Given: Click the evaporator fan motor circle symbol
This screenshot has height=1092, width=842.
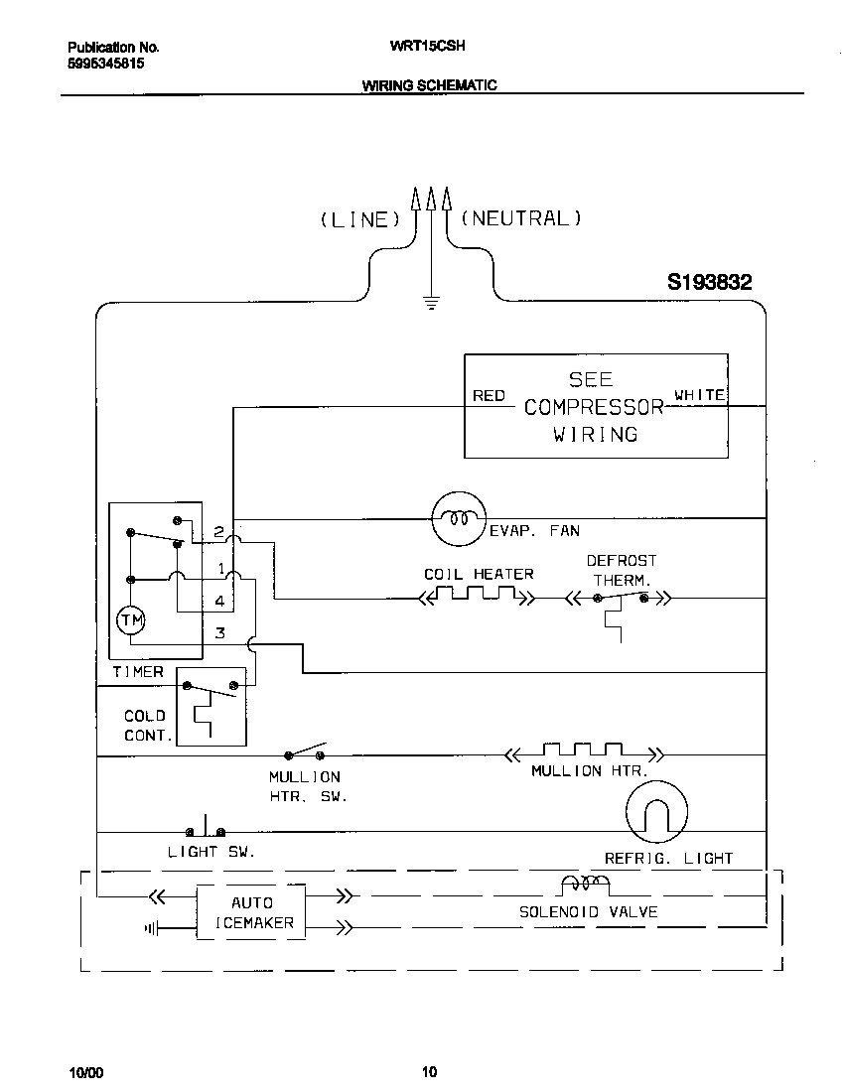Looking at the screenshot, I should [x=458, y=518].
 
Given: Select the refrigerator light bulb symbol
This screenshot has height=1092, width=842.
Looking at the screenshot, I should [x=656, y=810].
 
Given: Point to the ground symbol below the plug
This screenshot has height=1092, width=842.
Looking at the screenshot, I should [x=431, y=301].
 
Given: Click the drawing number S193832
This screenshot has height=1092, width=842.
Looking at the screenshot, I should [x=709, y=283].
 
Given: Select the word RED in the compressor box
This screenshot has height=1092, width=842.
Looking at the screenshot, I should [x=489, y=395].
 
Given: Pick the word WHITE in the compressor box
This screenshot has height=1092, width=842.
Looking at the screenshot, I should [x=700, y=395].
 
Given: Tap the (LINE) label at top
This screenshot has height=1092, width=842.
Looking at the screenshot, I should [x=358, y=219].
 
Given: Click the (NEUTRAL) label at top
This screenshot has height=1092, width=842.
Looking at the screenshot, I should [x=520, y=218].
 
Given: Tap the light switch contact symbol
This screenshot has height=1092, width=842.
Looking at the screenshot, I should [x=205, y=829].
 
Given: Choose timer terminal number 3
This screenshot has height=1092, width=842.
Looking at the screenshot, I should [x=220, y=632].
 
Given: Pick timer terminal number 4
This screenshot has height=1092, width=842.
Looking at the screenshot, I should [x=219, y=602].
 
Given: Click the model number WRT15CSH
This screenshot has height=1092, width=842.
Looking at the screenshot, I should [x=422, y=46].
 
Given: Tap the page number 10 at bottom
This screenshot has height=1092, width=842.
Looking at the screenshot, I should [x=429, y=1071].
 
